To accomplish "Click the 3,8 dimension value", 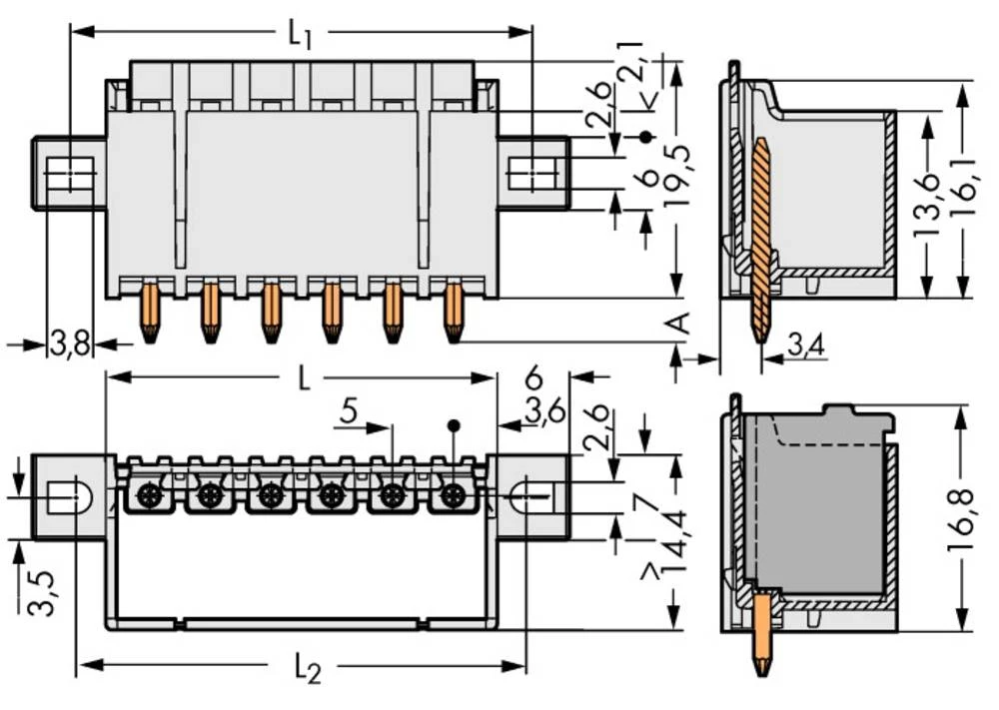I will point(69,345).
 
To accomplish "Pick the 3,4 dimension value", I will point(805,347).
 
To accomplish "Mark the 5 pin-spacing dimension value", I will point(348,410).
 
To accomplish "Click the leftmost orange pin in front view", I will point(150,313).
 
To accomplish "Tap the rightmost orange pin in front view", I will point(454,313).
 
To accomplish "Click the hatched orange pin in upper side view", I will point(761,240).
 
